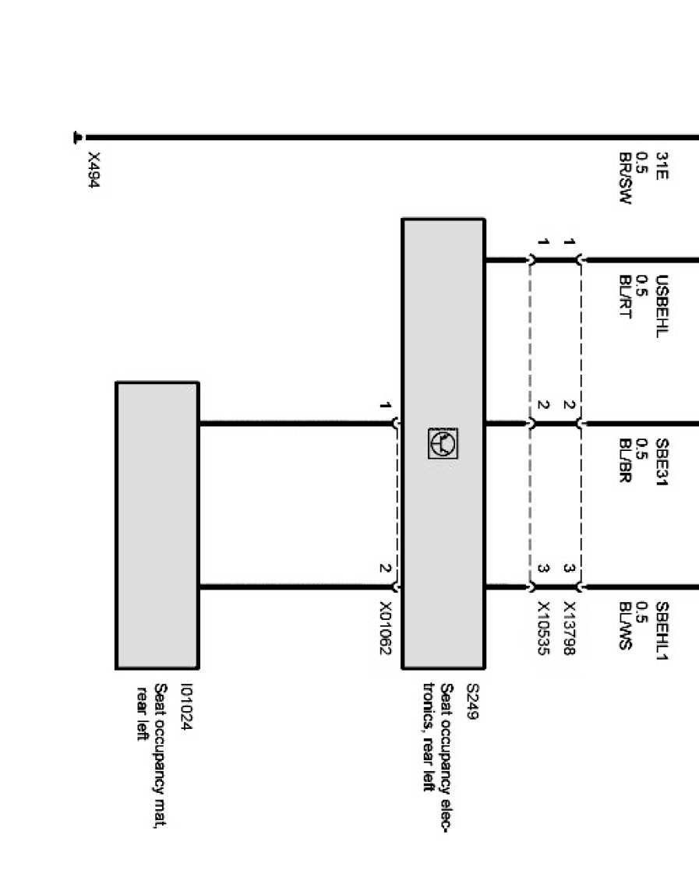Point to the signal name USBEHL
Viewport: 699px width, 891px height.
coord(662,305)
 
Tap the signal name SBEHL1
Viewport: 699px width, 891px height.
coord(662,629)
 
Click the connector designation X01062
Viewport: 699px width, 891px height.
coord(385,628)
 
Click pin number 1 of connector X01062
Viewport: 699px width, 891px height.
coord(384,406)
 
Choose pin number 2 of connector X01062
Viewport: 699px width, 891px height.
coord(384,568)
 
